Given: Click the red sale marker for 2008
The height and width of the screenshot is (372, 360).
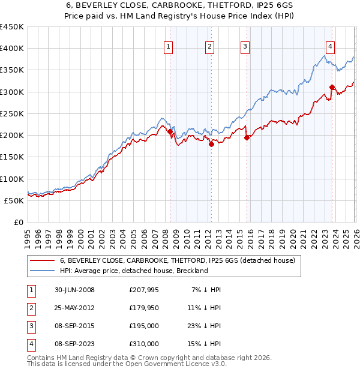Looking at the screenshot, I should [x=170, y=131].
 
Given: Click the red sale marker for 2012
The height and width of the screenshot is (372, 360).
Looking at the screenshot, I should [x=211, y=144].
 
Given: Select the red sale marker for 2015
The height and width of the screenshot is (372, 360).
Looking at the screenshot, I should [x=247, y=137].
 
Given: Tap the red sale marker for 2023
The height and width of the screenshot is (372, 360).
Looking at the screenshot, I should [x=332, y=87].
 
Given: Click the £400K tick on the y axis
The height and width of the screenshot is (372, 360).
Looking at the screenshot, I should [x=12, y=49].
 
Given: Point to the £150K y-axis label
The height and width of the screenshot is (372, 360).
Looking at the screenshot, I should [x=12, y=157].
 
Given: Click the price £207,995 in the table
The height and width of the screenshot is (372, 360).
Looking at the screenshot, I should [x=143, y=290].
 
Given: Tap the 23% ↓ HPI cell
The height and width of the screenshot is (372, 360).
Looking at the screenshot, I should [x=206, y=326].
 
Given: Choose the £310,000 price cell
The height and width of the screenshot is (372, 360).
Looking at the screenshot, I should [x=143, y=344].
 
